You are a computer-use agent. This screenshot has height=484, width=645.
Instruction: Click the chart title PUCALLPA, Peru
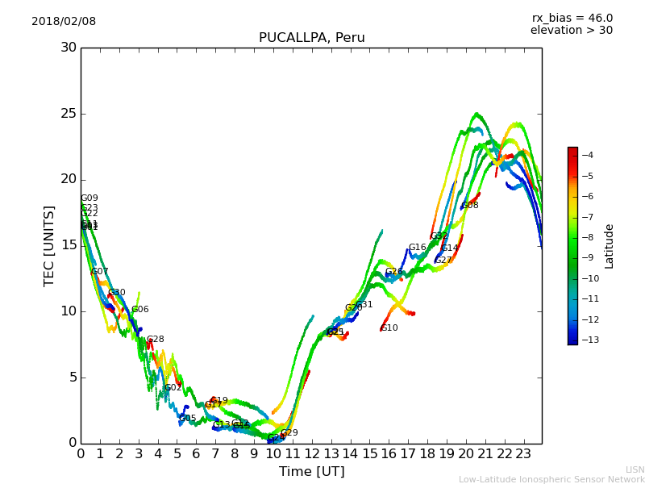pyautogui.click(x=311, y=38)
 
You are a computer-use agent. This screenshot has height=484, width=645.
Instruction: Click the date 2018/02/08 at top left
pyautogui.click(x=64, y=22)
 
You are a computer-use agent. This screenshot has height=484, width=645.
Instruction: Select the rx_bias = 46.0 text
pyautogui.click(x=572, y=19)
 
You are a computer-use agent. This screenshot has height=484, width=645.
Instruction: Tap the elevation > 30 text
pyautogui.click(x=571, y=31)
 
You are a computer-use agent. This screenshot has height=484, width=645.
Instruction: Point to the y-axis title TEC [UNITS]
pyautogui.click(x=49, y=245)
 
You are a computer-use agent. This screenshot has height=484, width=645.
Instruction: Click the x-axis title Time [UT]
pyautogui.click(x=311, y=472)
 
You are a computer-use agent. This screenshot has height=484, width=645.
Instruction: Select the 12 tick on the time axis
pyautogui.click(x=311, y=455)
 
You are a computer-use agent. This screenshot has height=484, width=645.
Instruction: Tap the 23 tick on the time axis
pyautogui.click(x=522, y=455)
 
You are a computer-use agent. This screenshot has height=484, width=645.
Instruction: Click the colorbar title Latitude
pyautogui.click(x=610, y=246)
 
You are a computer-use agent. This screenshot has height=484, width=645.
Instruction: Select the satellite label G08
pyautogui.click(x=470, y=206)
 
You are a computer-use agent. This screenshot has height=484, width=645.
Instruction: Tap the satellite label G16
pyautogui.click(x=417, y=248)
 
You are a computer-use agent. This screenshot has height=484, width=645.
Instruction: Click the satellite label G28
pyautogui.click(x=155, y=340)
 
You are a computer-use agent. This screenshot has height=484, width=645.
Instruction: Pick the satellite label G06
pyautogui.click(x=139, y=310)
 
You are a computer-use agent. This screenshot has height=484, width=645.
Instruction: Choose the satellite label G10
pyautogui.click(x=389, y=328)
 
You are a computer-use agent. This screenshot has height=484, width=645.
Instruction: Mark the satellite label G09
pyautogui.click(x=89, y=198)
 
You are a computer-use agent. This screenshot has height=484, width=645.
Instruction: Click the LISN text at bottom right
pyautogui.click(x=635, y=469)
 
